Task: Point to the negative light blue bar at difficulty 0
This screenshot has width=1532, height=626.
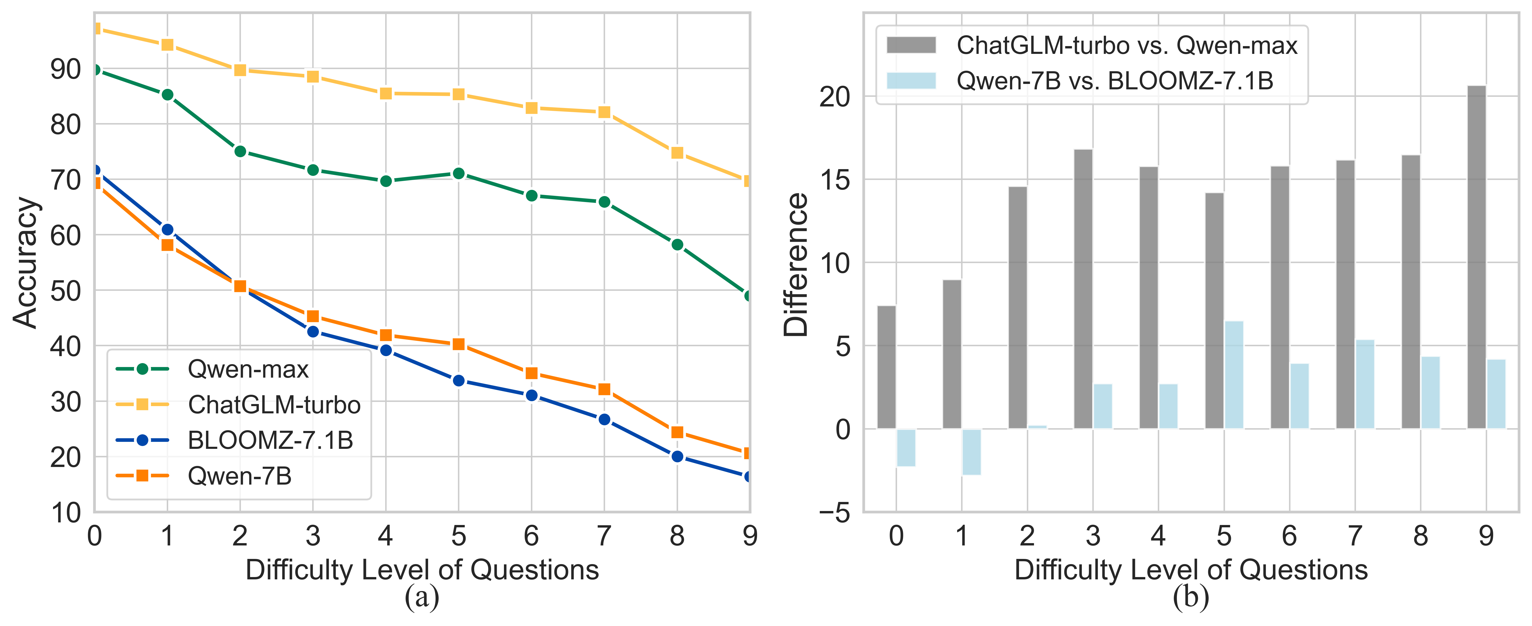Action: click(x=906, y=448)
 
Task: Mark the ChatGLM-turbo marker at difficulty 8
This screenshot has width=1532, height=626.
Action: click(x=677, y=153)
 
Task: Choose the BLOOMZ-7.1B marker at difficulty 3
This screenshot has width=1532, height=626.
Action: click(x=313, y=332)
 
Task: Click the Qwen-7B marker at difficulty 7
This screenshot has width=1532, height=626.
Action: click(x=604, y=389)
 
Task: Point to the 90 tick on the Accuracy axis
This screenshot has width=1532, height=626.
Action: click(x=65, y=70)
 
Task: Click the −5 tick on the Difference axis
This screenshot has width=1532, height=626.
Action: click(x=834, y=512)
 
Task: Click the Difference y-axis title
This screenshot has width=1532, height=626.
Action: click(x=796, y=265)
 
